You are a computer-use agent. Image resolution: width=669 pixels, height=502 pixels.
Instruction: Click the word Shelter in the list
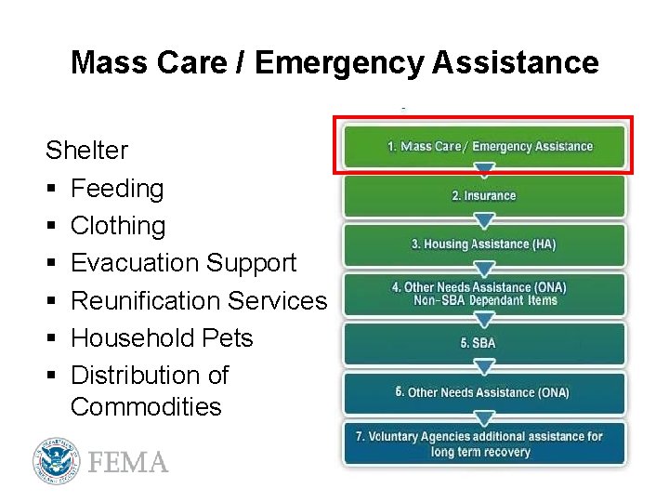(86, 151)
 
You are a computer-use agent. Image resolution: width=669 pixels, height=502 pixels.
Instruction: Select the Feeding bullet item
(117, 189)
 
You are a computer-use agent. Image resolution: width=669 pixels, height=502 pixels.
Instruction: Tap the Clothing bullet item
(118, 226)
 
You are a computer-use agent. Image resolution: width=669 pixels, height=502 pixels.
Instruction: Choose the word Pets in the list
(228, 337)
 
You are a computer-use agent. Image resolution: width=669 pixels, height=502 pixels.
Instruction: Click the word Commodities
(146, 406)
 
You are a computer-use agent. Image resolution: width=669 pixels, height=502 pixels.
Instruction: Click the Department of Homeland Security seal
(55, 460)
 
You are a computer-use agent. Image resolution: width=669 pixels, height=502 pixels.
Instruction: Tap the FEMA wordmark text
(128, 462)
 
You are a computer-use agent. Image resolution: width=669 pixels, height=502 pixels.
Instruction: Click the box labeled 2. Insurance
(483, 196)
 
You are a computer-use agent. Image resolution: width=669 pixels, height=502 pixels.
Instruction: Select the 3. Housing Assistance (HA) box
(483, 244)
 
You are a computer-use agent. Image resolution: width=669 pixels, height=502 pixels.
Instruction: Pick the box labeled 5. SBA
(483, 343)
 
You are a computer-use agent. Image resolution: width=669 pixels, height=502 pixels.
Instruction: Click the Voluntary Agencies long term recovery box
(483, 443)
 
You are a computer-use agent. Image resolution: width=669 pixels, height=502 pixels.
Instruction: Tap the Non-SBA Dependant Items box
(483, 294)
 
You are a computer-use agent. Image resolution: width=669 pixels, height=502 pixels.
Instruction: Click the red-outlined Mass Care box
(483, 146)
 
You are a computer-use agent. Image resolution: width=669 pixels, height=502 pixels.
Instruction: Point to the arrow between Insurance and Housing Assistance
(483, 220)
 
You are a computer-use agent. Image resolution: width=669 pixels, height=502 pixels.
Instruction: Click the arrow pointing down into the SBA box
(483, 319)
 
